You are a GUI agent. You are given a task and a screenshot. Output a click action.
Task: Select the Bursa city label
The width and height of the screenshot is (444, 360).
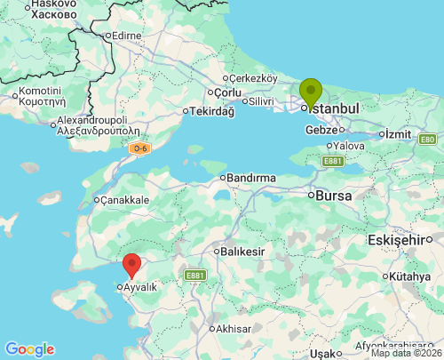[334, 195]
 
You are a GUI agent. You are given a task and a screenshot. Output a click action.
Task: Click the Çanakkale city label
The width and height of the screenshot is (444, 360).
[125, 200]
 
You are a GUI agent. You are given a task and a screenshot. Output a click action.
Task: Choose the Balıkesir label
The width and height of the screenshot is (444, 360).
[243, 252]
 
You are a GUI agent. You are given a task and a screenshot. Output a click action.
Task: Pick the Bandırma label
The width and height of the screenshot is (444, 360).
[250, 178]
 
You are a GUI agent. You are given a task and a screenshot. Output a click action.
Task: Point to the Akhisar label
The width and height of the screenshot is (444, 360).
[234, 329]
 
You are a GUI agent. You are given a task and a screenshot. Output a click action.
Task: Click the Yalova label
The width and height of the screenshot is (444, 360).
[349, 145]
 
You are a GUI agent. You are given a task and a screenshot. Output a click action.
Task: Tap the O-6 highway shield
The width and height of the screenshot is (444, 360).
[139, 148]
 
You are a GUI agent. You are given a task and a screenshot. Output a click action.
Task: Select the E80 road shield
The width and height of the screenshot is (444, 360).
[428, 140]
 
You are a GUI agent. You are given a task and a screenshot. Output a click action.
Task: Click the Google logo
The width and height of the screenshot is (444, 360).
[29, 349]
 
